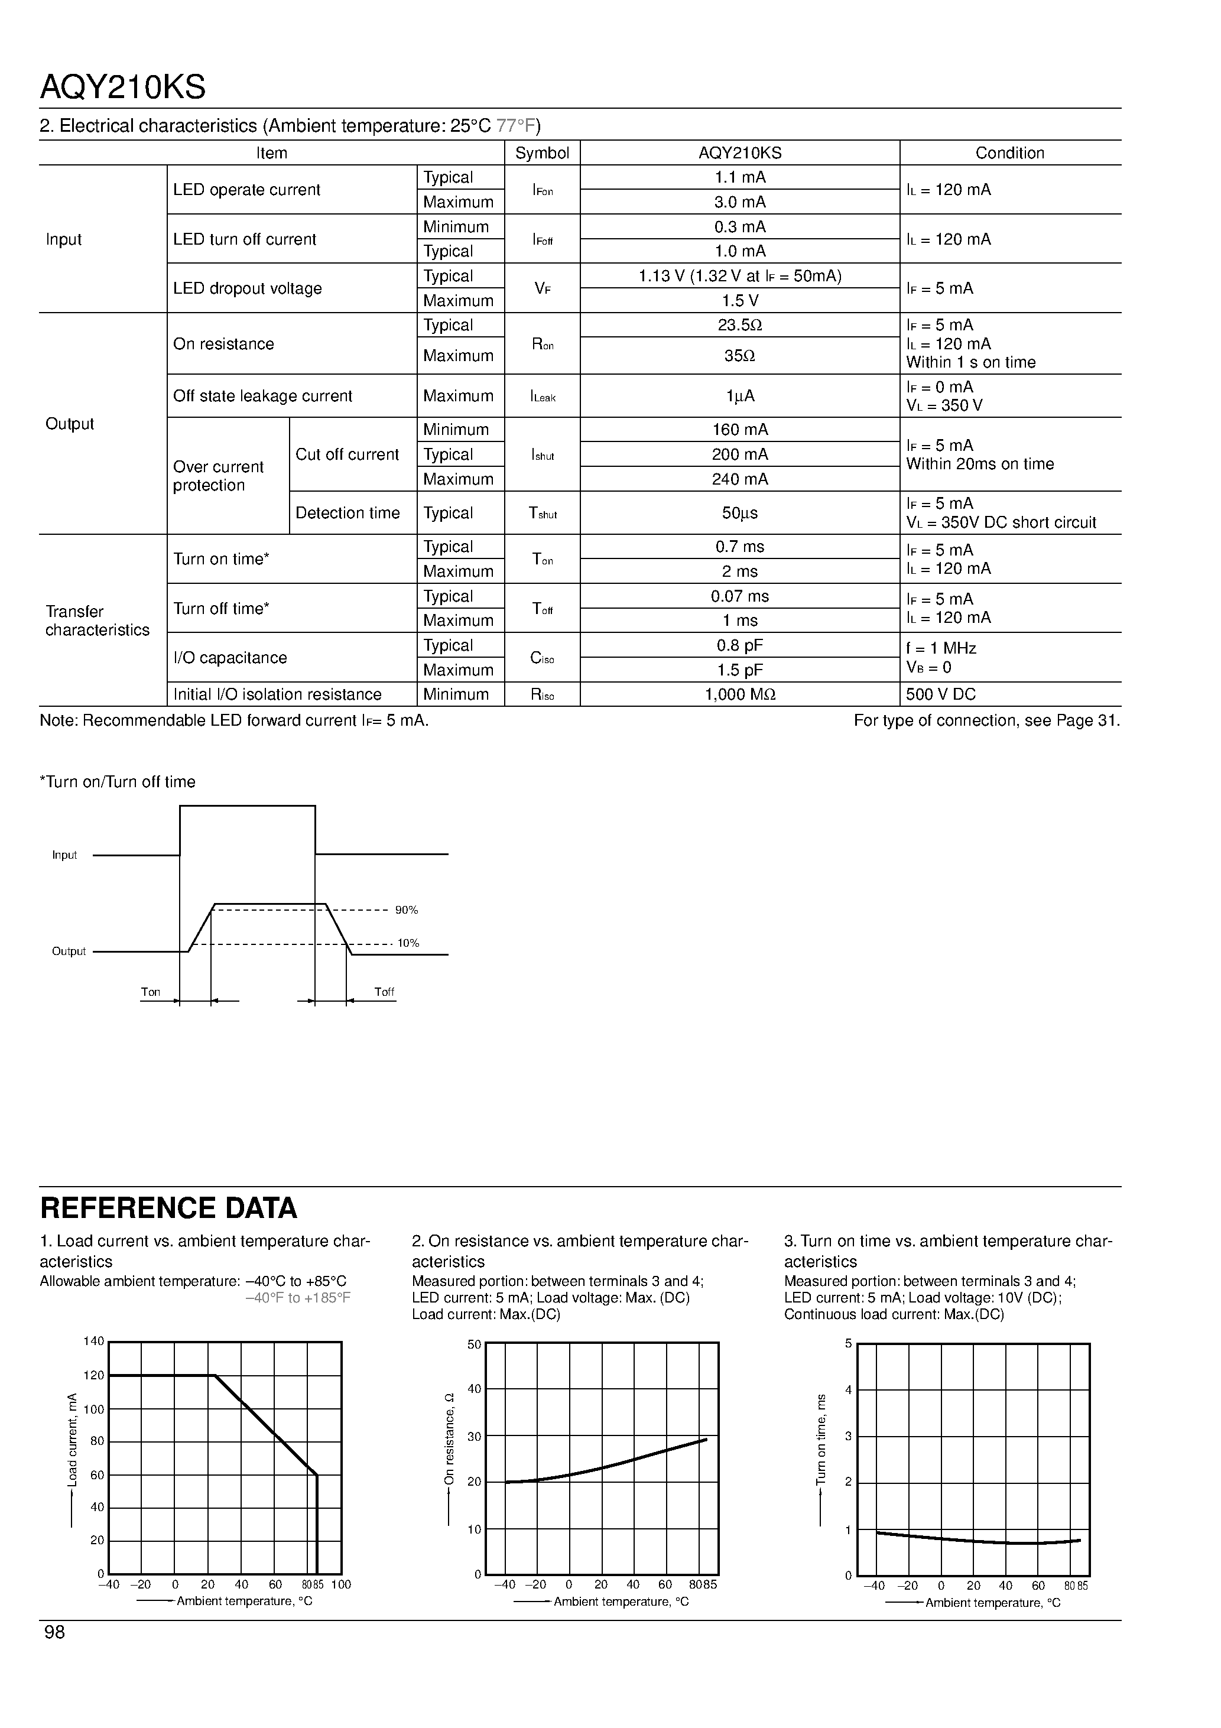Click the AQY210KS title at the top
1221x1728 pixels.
click(123, 88)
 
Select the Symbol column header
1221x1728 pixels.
click(541, 153)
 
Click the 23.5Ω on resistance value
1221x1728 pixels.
click(739, 325)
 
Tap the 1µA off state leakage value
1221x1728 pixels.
click(739, 396)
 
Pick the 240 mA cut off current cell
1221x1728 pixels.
click(739, 479)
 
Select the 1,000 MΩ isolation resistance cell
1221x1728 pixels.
click(739, 694)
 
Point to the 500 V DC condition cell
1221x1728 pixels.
click(940, 694)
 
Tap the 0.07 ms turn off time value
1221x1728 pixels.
click(739, 597)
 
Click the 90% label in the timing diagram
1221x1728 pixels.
click(407, 910)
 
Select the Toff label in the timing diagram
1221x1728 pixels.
click(384, 992)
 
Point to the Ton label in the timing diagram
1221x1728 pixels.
click(151, 992)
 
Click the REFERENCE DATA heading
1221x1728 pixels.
click(168, 1208)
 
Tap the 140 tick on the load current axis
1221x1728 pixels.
click(93, 1341)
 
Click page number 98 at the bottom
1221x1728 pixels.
click(55, 1632)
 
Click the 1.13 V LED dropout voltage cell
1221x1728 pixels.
click(739, 276)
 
